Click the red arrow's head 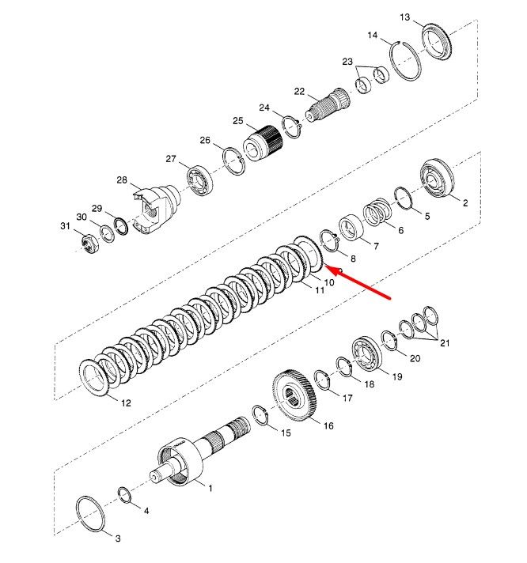(331, 270)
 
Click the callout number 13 (404, 17)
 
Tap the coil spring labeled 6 (377, 212)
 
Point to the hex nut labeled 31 (89, 244)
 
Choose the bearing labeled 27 (199, 180)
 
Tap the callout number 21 (445, 343)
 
